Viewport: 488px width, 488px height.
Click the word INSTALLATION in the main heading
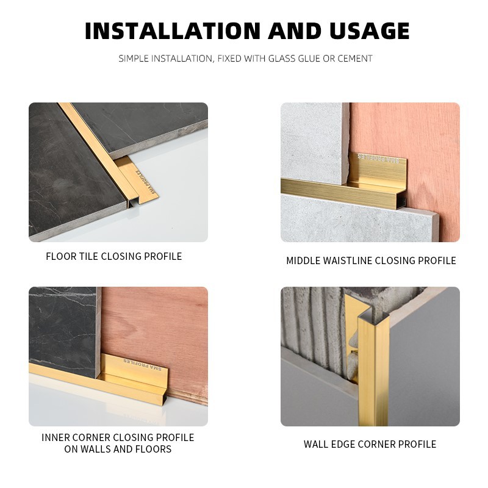click(173, 31)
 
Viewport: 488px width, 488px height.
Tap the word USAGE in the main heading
click(370, 31)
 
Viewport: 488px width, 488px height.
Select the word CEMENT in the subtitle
click(355, 59)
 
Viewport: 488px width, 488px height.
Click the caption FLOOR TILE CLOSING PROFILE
click(114, 256)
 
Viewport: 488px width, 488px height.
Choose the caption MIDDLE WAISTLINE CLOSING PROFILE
click(371, 260)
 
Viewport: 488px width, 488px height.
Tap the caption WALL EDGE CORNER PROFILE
click(370, 444)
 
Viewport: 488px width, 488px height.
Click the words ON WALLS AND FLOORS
click(118, 449)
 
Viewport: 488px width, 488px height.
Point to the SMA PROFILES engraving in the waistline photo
click(378, 158)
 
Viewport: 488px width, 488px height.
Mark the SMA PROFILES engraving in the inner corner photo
click(143, 364)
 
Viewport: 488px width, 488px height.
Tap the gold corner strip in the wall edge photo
click(373, 370)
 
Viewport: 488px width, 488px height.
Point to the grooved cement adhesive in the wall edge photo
click(314, 324)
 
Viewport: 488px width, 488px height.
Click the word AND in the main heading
click(295, 31)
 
